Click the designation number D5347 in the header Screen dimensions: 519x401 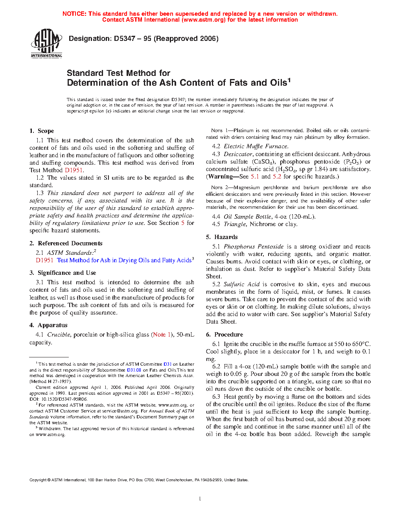tap(125, 39)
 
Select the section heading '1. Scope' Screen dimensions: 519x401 tap(42, 131)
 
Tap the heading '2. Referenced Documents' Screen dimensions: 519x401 tap(66, 243)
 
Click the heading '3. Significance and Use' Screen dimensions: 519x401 tap(63, 273)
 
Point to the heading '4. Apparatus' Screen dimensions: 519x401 tap(48, 325)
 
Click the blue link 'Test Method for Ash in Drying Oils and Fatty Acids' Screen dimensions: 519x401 tap(124, 260)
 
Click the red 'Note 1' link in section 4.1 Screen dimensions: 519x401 tap(162, 335)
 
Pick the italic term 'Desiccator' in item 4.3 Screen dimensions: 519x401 tap(238, 154)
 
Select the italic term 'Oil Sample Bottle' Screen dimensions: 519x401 tap(247, 217)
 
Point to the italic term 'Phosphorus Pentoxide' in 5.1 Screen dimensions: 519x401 tap(254, 247)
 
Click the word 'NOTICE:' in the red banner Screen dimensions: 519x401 tap(74, 14)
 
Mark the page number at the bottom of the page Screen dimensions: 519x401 tap(200, 499)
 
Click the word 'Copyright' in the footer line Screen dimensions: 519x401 tap(38, 480)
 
